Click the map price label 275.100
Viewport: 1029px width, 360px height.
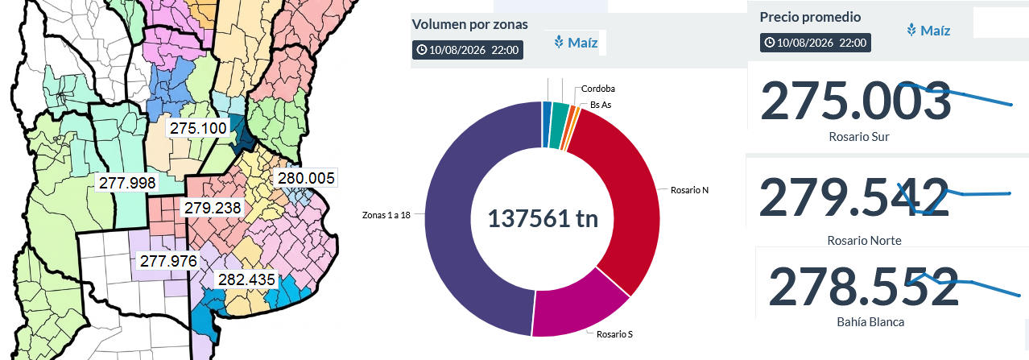point(198,128)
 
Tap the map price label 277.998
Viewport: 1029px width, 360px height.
point(127,183)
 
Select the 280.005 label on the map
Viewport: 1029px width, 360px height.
point(306,178)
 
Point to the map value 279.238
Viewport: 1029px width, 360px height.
point(213,208)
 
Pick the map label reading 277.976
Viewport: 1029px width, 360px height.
point(168,261)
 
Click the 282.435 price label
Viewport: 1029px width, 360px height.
point(246,279)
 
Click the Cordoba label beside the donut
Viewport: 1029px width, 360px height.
point(597,89)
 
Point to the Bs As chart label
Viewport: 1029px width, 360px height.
point(601,105)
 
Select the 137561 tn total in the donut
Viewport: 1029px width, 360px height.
point(543,218)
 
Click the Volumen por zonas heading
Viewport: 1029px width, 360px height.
point(469,24)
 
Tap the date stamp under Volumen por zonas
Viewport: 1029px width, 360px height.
point(468,50)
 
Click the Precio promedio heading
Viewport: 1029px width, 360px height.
point(810,17)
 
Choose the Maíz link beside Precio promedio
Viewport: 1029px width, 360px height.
point(928,31)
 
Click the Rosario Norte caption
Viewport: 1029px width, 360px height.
point(864,241)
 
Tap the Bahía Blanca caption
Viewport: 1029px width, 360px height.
point(870,322)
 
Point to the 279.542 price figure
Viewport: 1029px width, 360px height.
point(854,197)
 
